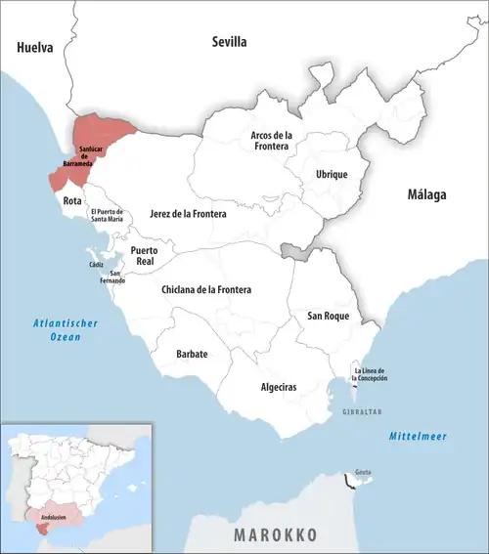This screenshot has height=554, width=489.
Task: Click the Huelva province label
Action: pos(34,46)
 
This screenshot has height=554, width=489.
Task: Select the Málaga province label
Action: pos(426,195)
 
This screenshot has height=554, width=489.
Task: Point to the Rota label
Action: pos(72,200)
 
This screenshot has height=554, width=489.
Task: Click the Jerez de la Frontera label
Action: pos(188,212)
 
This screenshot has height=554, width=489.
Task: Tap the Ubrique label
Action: pos(332,174)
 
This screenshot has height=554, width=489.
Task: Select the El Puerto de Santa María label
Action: pos(108,216)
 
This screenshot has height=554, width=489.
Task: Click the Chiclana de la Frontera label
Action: pos(206,290)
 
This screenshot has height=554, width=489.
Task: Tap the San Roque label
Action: pos(329,316)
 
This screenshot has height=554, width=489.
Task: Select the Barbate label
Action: pos(192,354)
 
